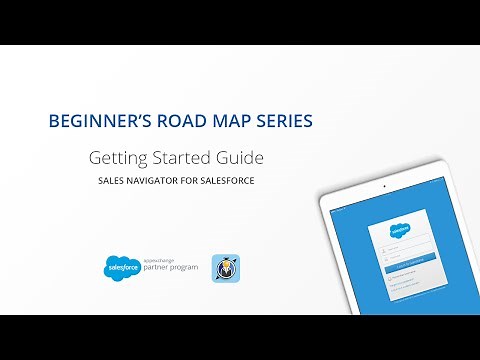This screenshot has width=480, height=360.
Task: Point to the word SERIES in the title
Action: coord(284,121)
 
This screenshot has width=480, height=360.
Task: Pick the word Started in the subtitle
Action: coord(182,158)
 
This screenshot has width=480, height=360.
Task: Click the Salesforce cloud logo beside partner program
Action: coord(121,267)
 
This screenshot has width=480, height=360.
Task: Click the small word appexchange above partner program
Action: coord(157,259)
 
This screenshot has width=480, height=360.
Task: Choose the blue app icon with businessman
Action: coord(224,267)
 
